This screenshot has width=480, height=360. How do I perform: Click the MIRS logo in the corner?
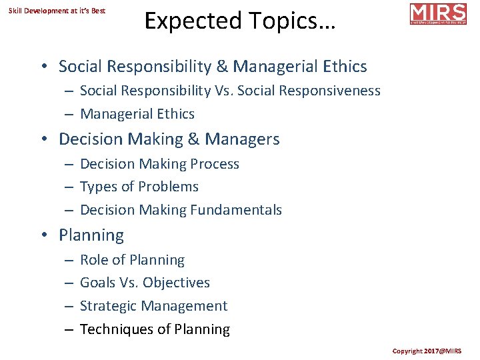click(438, 14)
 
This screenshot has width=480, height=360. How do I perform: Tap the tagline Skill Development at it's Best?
click(57, 11)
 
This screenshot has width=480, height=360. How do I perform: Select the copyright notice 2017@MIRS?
click(435, 351)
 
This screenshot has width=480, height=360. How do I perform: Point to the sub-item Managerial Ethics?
click(137, 114)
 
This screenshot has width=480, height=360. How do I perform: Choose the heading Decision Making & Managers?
click(169, 139)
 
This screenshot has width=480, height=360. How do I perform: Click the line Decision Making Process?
click(159, 164)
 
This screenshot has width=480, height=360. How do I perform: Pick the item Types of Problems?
click(139, 187)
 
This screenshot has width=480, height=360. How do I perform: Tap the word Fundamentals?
click(236, 210)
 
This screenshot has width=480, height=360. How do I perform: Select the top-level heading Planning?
click(91, 235)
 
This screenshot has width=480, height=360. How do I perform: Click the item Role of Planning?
click(132, 260)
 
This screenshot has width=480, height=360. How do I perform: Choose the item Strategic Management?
click(153, 306)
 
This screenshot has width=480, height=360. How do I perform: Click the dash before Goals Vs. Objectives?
click(69, 283)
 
